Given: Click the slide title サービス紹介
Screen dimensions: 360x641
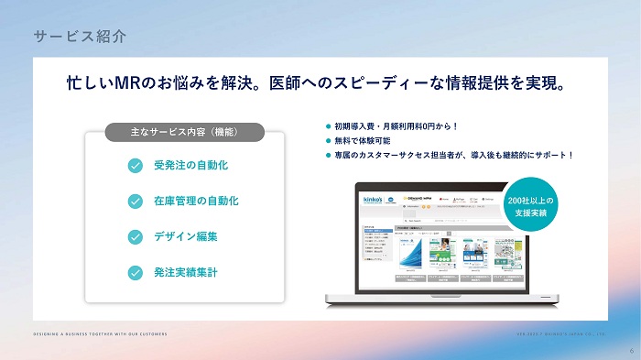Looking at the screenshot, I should (80, 38).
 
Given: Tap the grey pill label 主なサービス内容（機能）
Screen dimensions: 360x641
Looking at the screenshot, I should (186, 132).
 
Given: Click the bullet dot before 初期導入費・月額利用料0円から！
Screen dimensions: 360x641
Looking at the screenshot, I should (327, 126).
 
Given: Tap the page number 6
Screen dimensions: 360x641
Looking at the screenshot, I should (630, 350).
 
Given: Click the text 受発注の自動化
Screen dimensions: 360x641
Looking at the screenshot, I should (190, 166).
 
